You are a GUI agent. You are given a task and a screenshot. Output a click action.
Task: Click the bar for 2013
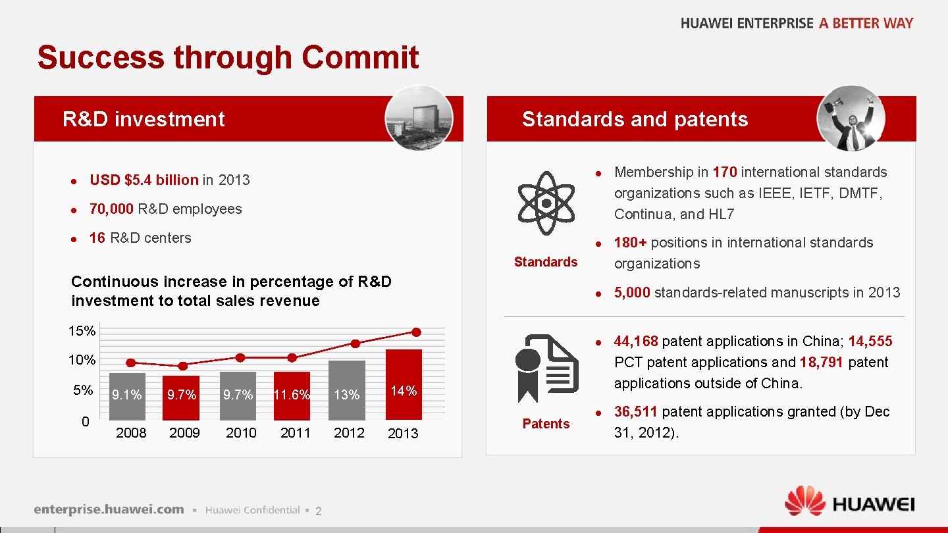pos(403,384)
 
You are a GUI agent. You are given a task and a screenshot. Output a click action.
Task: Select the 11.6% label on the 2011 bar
pos(292,395)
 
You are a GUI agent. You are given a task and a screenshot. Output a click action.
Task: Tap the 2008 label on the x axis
pos(131,433)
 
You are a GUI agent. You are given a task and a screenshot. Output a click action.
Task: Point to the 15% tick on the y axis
pos(82,331)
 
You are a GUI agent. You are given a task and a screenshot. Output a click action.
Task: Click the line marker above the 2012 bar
pos(355,343)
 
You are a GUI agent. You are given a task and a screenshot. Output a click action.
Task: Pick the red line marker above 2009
pos(183,366)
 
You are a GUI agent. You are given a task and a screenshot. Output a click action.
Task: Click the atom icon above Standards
pos(546,203)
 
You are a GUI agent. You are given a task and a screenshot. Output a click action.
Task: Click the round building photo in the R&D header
pos(419,118)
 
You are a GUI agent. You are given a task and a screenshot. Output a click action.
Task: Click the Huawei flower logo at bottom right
pos(805,505)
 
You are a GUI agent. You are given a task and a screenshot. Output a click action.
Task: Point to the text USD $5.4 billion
pos(144,180)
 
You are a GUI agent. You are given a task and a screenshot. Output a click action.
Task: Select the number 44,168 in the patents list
pos(636,342)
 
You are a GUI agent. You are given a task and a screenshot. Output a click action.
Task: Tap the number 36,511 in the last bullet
pos(636,412)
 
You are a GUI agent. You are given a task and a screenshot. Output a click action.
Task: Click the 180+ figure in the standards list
pos(630,243)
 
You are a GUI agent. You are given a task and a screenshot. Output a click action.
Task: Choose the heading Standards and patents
pos(635,119)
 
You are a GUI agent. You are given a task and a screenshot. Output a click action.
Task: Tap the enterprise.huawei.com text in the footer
pos(109,509)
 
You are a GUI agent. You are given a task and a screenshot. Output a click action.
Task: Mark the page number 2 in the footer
pos(318,512)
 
